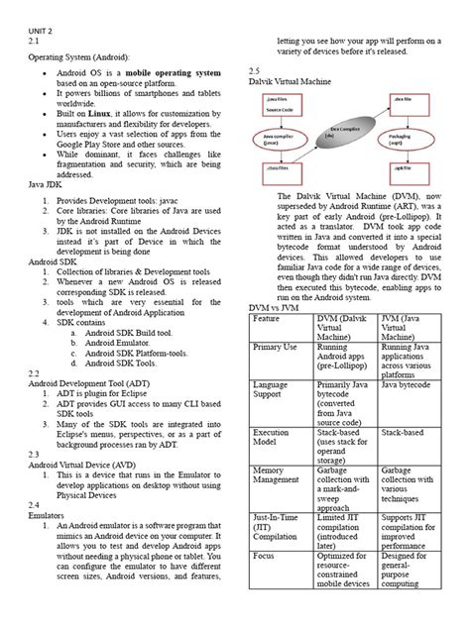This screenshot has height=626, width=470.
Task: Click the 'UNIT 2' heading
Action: (38, 31)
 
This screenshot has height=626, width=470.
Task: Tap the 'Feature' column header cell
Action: (267, 319)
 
